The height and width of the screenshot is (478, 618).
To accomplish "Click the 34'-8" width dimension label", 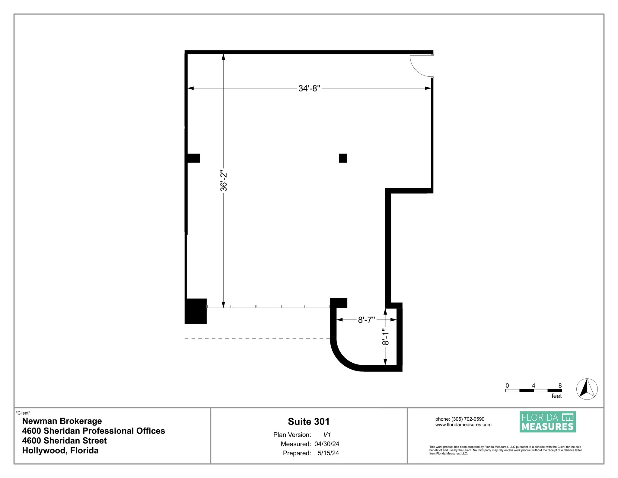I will tap(309, 88).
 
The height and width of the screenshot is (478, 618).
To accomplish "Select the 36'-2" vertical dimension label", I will tap(224, 182).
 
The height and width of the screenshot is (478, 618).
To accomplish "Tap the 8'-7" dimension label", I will tap(366, 320).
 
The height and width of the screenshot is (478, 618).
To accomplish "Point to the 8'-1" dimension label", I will tap(385, 337).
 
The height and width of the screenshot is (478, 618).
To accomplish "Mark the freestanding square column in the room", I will tap(343, 158).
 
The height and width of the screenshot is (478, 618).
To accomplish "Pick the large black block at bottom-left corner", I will tap(196, 311).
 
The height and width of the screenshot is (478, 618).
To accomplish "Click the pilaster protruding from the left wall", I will tap(193, 158).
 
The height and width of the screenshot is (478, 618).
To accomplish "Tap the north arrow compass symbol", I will tap(587, 389).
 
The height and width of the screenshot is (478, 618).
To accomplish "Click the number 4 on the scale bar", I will tap(534, 386).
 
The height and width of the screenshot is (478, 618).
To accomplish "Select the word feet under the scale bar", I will tap(556, 396).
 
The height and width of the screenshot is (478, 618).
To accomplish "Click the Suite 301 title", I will tap(309, 422).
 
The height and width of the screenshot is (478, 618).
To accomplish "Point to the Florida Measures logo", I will tap(547, 422).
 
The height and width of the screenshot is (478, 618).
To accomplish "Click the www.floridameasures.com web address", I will tap(463, 425).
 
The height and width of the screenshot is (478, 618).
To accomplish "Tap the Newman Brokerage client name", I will tap(62, 421).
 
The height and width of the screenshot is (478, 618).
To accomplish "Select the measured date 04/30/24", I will tap(327, 444).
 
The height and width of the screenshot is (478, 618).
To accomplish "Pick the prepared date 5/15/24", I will tap(328, 453).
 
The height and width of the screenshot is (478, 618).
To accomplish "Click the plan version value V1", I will tap(327, 435).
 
